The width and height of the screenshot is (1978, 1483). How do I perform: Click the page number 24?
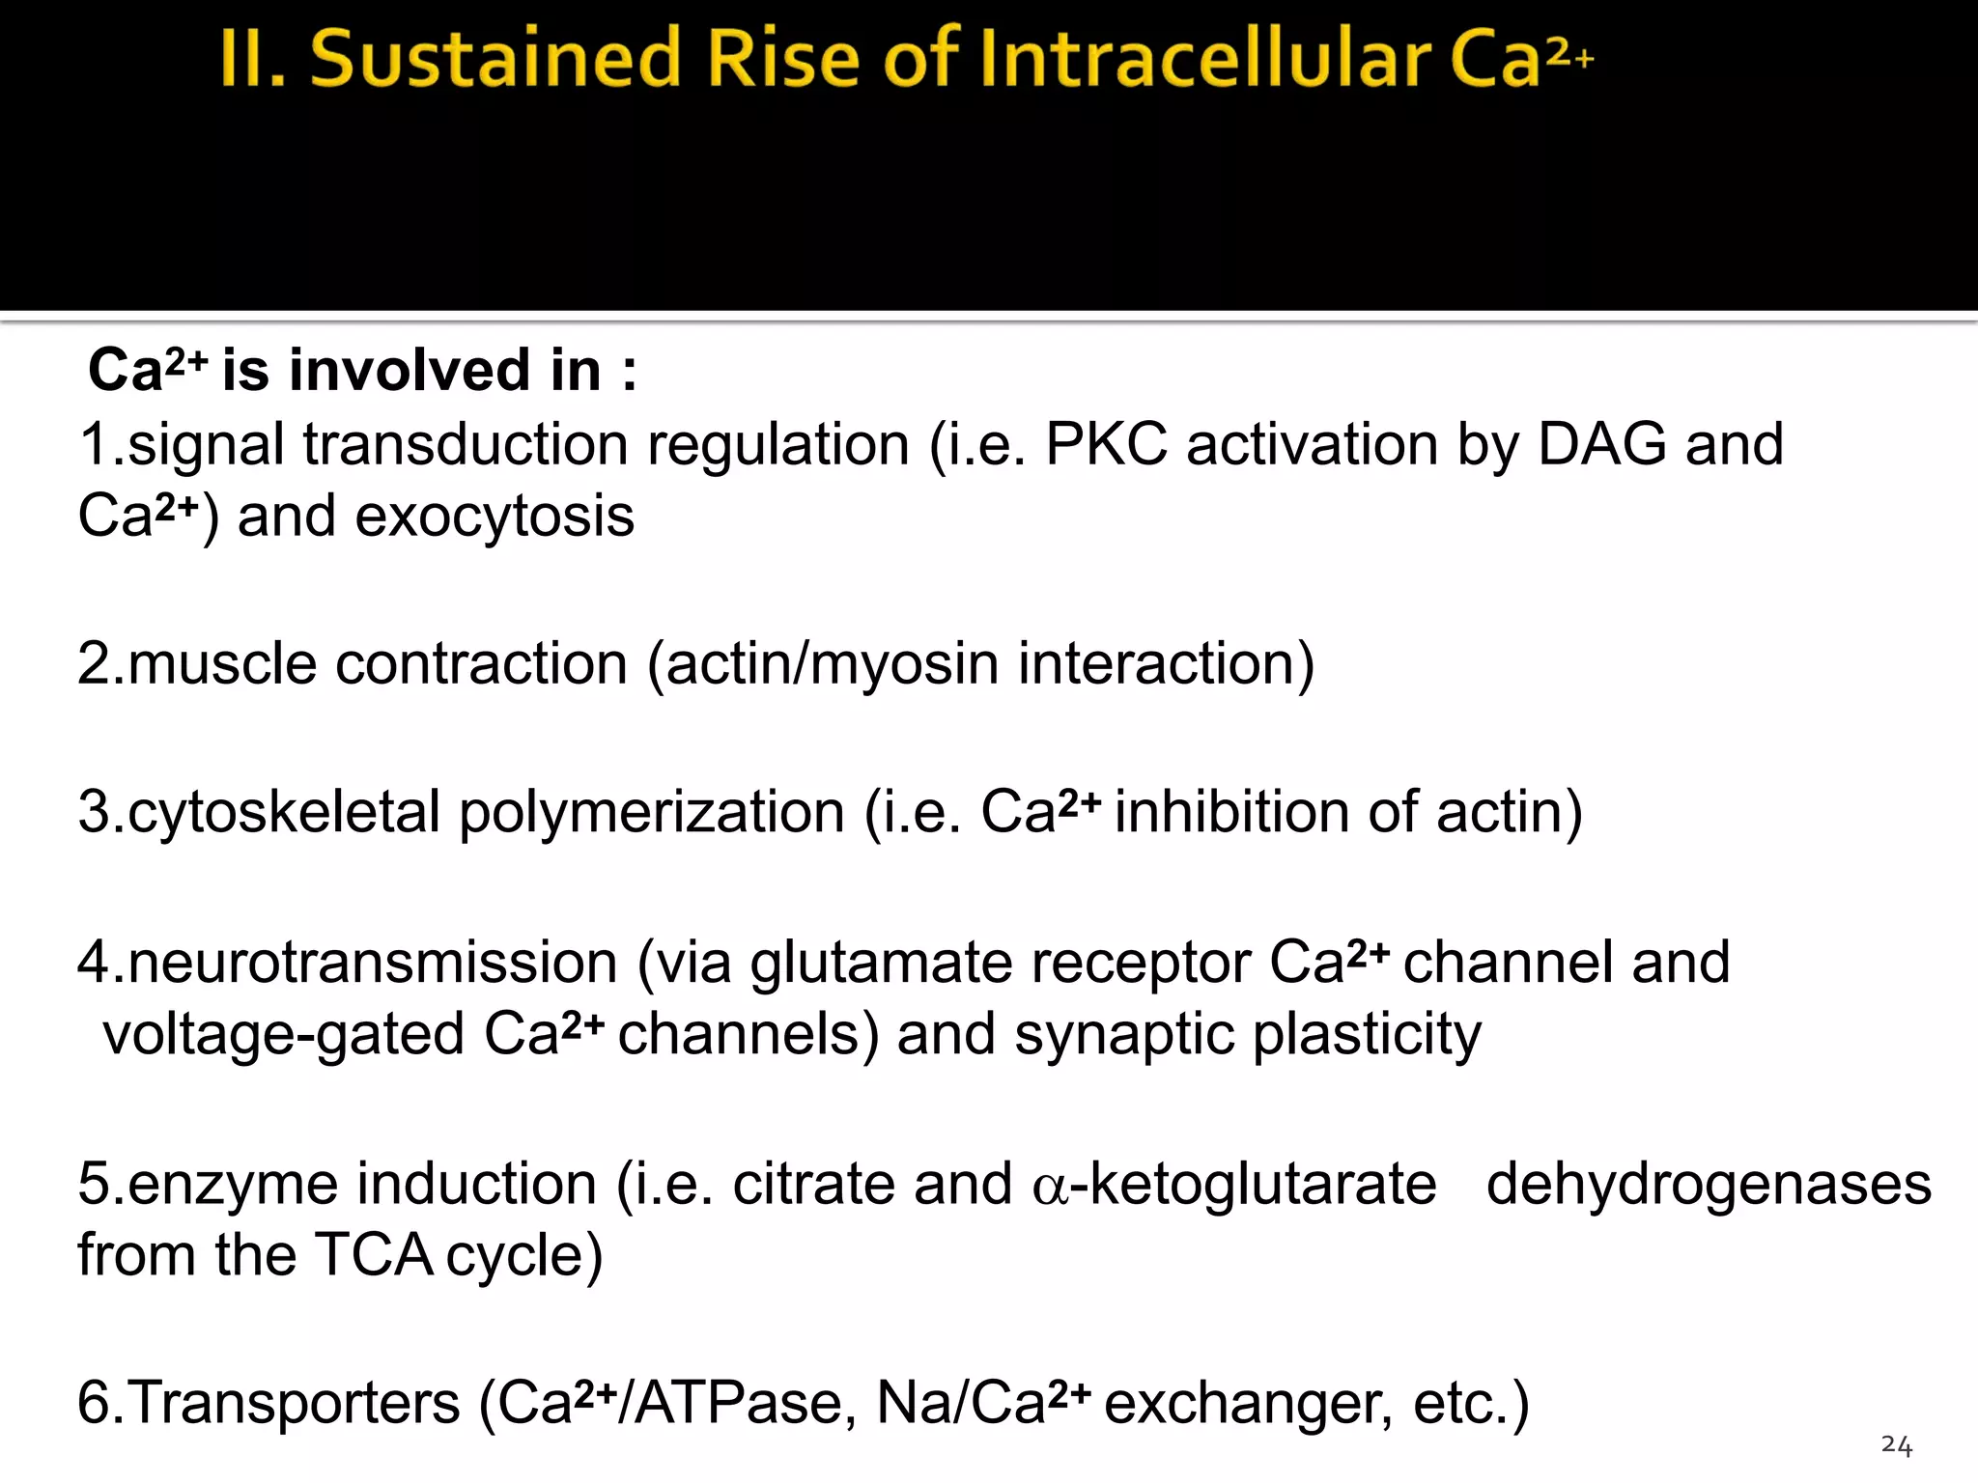(1896, 1445)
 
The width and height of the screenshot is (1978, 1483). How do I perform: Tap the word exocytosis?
(494, 518)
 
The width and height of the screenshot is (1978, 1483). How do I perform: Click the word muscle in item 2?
(222, 664)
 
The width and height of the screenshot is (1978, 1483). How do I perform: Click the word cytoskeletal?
(284, 812)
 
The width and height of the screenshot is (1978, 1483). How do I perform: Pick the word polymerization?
(652, 812)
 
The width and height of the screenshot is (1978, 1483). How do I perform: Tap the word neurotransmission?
(373, 963)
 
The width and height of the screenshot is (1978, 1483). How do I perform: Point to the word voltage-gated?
(285, 1035)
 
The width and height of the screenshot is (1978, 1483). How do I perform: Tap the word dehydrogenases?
(1709, 1185)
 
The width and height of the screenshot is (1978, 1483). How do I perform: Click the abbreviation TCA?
(375, 1256)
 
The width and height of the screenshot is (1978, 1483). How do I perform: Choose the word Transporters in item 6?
(294, 1403)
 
